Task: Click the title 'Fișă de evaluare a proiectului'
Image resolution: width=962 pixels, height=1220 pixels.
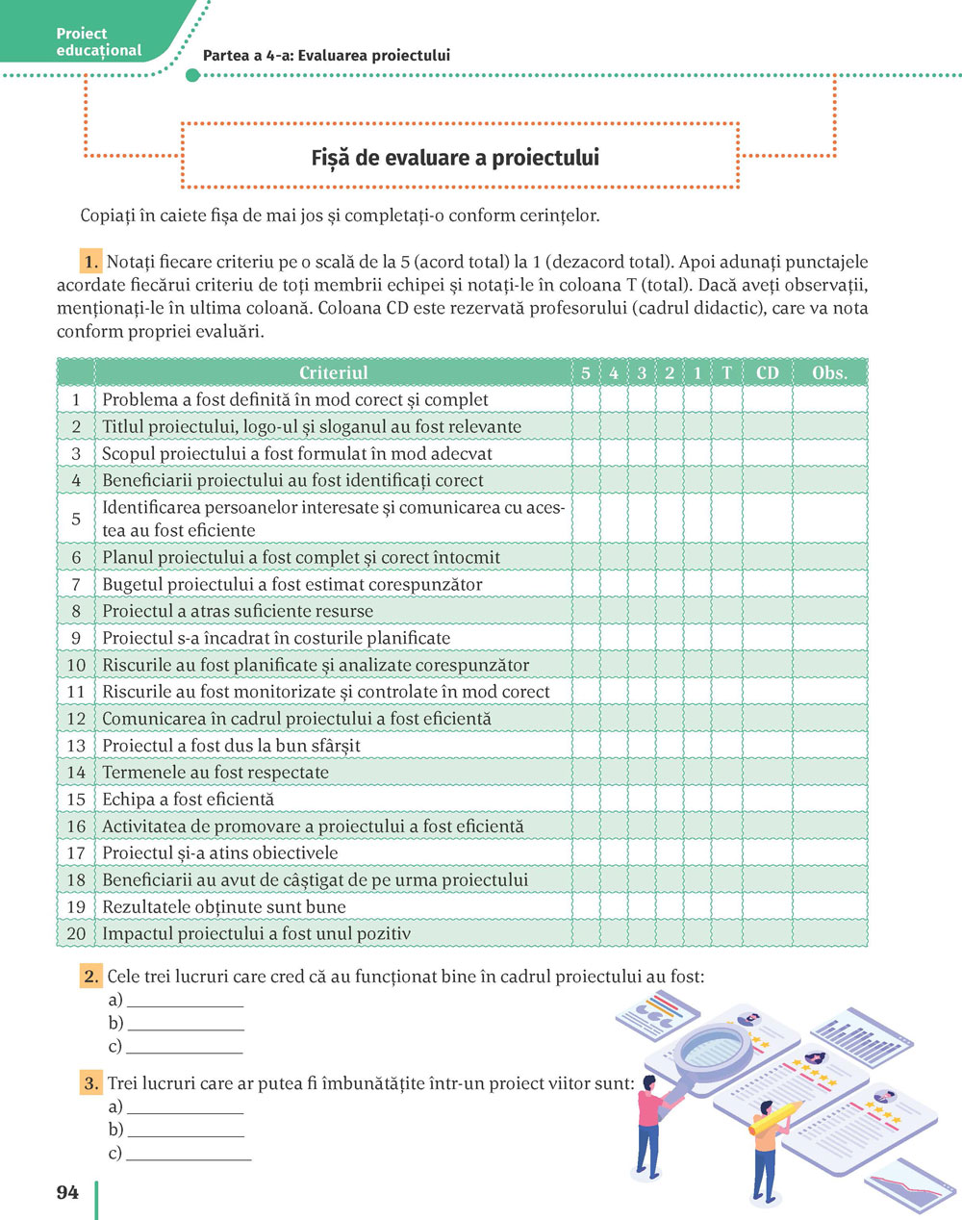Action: (x=455, y=158)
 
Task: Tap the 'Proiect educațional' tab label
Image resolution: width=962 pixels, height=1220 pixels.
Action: (x=98, y=42)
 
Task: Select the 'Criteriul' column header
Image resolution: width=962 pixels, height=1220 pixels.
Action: (x=333, y=372)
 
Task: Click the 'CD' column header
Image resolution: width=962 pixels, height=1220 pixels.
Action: (x=767, y=372)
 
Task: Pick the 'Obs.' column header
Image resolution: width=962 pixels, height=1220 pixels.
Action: (x=829, y=372)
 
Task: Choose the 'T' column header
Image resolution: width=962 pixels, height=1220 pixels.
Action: (x=726, y=372)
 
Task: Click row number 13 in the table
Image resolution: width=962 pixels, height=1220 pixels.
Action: (x=76, y=746)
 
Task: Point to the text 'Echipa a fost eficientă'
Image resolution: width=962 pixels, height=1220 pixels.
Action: (x=188, y=800)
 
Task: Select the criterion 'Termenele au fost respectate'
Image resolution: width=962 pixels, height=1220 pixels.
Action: (x=215, y=773)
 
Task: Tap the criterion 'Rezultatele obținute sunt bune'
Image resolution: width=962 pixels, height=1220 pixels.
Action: (x=223, y=907)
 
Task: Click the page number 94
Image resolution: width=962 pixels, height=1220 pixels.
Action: (x=67, y=1193)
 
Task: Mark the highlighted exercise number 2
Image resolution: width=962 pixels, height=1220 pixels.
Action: (x=91, y=977)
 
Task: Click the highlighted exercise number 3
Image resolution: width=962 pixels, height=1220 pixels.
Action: (x=91, y=1083)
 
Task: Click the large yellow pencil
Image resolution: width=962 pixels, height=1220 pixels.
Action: (x=775, y=1117)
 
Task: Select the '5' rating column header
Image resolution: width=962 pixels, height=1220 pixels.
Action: (x=586, y=372)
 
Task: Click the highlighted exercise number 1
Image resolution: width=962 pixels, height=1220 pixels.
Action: (x=91, y=262)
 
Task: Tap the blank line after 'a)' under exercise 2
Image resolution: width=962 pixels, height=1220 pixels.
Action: (x=185, y=1002)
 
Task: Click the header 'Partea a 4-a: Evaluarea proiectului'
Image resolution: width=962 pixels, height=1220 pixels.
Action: (x=326, y=56)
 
